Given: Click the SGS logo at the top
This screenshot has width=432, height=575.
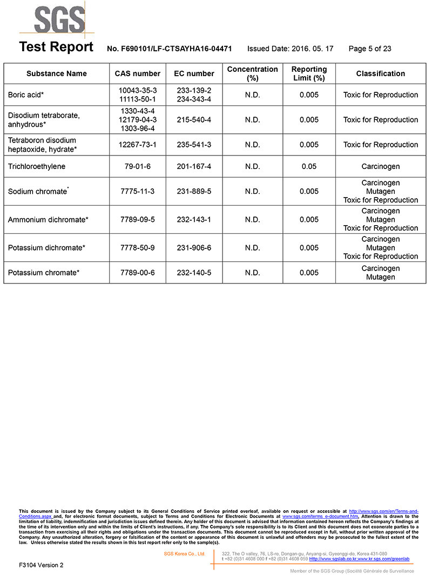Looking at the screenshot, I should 59,21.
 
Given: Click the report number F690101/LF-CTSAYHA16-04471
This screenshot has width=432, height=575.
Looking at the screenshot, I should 170,49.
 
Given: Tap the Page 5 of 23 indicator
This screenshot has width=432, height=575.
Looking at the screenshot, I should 370,49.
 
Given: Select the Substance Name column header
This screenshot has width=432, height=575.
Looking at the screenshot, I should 57,73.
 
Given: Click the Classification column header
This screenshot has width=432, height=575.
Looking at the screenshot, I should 380,73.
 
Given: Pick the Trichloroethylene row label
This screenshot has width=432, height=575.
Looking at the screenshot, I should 37,166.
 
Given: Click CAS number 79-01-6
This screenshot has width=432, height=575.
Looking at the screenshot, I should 137,166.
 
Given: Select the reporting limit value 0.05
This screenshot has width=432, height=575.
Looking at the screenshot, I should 309,166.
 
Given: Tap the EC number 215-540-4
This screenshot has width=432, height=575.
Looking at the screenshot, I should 194,120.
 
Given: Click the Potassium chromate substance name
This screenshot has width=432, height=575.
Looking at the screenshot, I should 44,273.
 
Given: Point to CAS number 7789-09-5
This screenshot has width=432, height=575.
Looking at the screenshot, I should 137,220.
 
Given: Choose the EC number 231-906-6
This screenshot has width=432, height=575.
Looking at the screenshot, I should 194,248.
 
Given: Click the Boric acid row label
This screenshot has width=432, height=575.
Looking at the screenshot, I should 26,95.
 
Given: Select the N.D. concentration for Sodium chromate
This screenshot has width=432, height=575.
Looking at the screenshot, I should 252,191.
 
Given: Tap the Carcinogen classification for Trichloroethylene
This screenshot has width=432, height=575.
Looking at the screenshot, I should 380,166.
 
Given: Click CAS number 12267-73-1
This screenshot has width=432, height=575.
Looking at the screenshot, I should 137,145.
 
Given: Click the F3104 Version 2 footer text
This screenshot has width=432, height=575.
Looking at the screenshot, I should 41,565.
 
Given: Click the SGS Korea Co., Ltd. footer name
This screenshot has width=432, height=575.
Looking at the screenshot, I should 185,554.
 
